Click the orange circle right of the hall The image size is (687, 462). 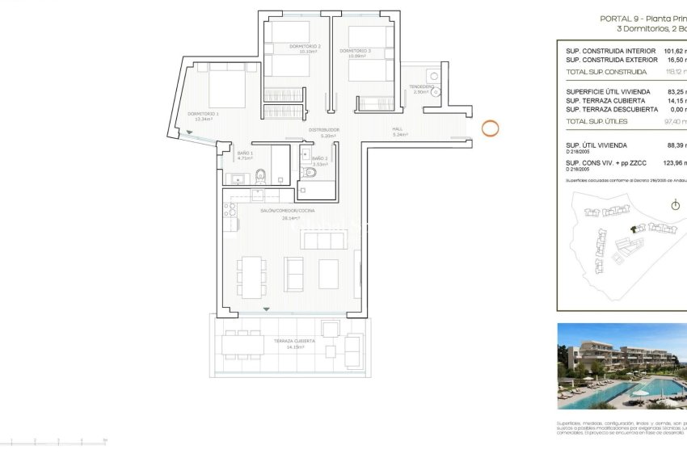click(x=491, y=128)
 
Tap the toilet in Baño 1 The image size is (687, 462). click(x=260, y=175)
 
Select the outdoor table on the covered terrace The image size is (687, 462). click(x=243, y=345)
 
